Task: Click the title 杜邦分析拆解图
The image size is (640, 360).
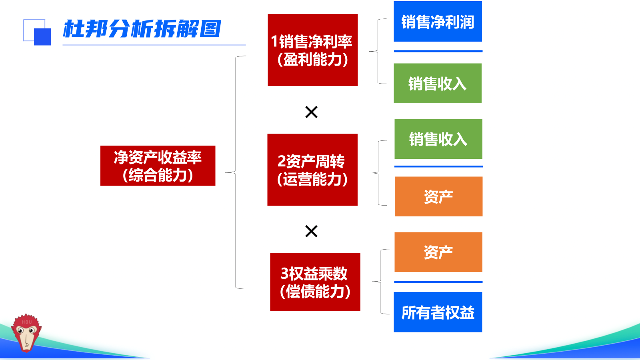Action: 142,29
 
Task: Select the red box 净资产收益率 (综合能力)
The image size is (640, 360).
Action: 158,166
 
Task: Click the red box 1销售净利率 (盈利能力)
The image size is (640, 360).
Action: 312,50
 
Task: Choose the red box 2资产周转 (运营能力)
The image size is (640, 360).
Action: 312,170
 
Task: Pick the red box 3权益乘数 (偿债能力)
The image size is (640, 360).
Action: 315,282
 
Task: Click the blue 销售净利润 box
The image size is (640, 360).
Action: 438,22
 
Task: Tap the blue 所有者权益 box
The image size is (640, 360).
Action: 438,312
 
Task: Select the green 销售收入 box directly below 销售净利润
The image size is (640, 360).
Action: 438,83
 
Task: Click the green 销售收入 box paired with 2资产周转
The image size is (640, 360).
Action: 438,139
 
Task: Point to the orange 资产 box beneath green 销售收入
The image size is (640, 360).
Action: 438,196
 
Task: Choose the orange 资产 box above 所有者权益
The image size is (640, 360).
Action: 438,252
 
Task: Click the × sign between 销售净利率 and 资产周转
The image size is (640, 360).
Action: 311,112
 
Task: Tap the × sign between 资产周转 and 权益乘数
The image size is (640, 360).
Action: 311,231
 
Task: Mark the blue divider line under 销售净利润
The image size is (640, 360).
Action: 438,51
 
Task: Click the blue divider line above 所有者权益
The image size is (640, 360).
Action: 438,282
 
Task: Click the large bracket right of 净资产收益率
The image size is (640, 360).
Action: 236,172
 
